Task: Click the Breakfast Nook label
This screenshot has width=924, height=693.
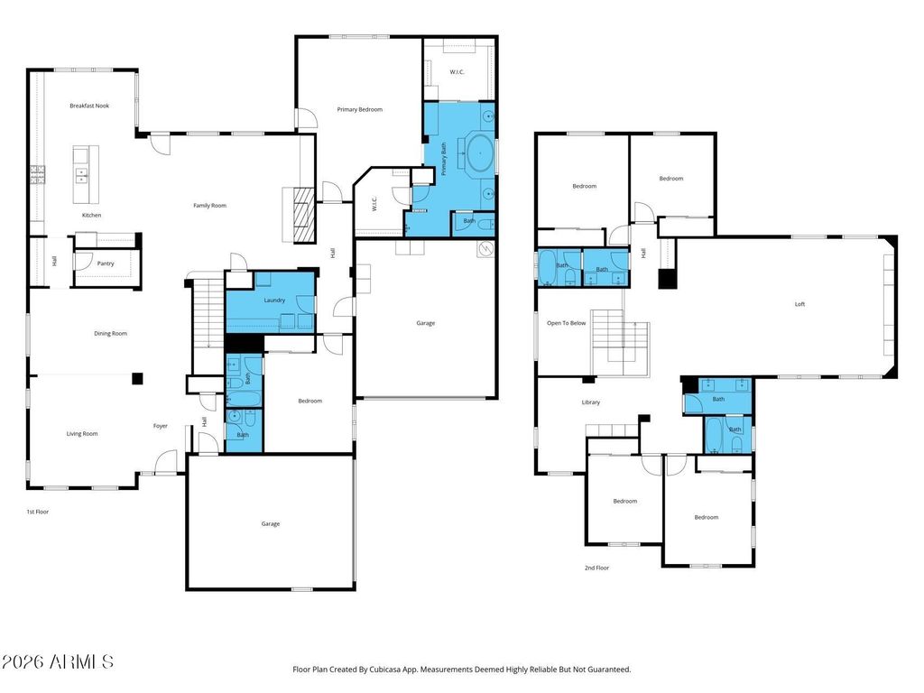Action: coord(89,106)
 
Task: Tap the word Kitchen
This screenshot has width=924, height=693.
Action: coord(91,216)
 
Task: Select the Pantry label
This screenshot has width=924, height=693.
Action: coord(106,264)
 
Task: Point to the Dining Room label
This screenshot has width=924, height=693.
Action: coord(111,334)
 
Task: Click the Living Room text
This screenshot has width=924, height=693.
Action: coord(82,434)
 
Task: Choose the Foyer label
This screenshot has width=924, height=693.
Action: coord(161,426)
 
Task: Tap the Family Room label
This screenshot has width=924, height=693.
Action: coord(209,206)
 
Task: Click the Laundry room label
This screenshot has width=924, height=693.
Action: coord(274,300)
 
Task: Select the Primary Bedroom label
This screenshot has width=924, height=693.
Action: coord(359,109)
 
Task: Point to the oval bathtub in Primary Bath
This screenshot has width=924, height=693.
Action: coord(482,153)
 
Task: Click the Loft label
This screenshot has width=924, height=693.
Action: coord(799,305)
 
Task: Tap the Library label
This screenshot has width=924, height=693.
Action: coord(590,402)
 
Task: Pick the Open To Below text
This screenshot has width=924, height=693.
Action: coord(567,324)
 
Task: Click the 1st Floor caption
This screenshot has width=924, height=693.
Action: coord(38,513)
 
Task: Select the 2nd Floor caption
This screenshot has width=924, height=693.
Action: coord(597,568)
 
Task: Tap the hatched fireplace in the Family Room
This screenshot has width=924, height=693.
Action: coord(305,215)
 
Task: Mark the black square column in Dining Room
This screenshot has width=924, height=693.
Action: coord(137,378)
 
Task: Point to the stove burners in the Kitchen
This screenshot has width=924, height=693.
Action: coord(38,175)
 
